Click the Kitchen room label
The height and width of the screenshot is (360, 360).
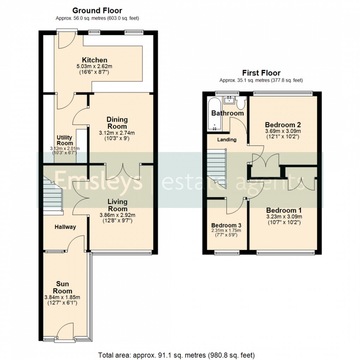(x=95, y=60)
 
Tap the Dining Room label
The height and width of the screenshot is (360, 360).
(x=117, y=123)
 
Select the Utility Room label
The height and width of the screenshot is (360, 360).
(x=65, y=140)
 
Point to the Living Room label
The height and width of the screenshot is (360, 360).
(x=118, y=205)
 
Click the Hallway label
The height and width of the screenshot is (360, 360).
(x=65, y=227)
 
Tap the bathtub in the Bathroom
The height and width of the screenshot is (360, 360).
(x=215, y=113)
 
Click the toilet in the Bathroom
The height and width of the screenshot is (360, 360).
(x=241, y=103)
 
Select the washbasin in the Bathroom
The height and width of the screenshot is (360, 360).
(x=229, y=100)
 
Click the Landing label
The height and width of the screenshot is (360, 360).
(x=227, y=140)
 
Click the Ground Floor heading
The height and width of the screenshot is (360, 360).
(x=97, y=11)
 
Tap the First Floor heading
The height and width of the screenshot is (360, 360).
(x=261, y=73)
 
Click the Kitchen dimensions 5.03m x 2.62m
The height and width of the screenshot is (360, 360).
(x=95, y=66)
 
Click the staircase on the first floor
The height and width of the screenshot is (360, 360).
(x=216, y=169)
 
